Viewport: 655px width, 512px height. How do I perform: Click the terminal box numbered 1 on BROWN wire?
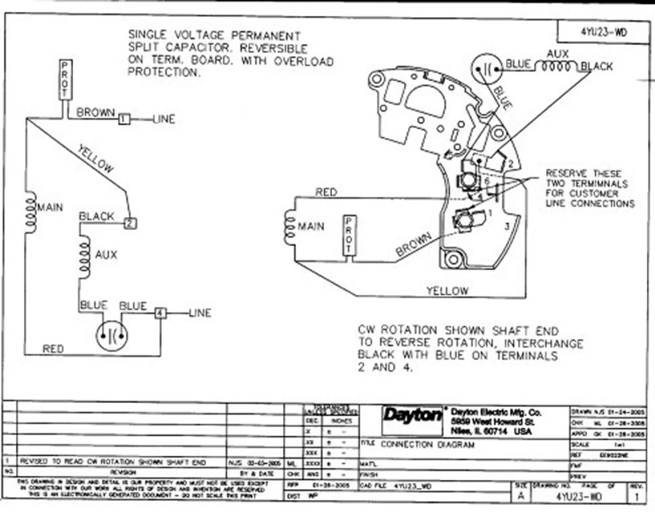click(124, 119)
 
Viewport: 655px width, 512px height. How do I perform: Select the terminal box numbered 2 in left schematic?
click(131, 223)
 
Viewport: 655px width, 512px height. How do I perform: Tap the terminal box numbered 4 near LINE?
click(161, 313)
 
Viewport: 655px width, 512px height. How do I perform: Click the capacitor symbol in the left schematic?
click(112, 336)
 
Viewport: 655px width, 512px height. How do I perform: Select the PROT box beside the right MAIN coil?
click(349, 235)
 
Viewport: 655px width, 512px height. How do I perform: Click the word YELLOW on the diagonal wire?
click(96, 158)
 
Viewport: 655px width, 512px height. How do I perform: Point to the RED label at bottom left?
click(53, 349)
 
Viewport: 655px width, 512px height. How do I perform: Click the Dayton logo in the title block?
click(412, 415)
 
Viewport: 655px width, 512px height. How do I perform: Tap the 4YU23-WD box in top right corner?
click(603, 32)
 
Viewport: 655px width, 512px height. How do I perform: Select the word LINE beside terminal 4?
click(200, 313)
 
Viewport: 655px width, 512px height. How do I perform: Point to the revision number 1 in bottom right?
click(637, 496)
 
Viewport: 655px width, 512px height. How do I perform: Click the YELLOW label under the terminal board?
click(447, 291)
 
